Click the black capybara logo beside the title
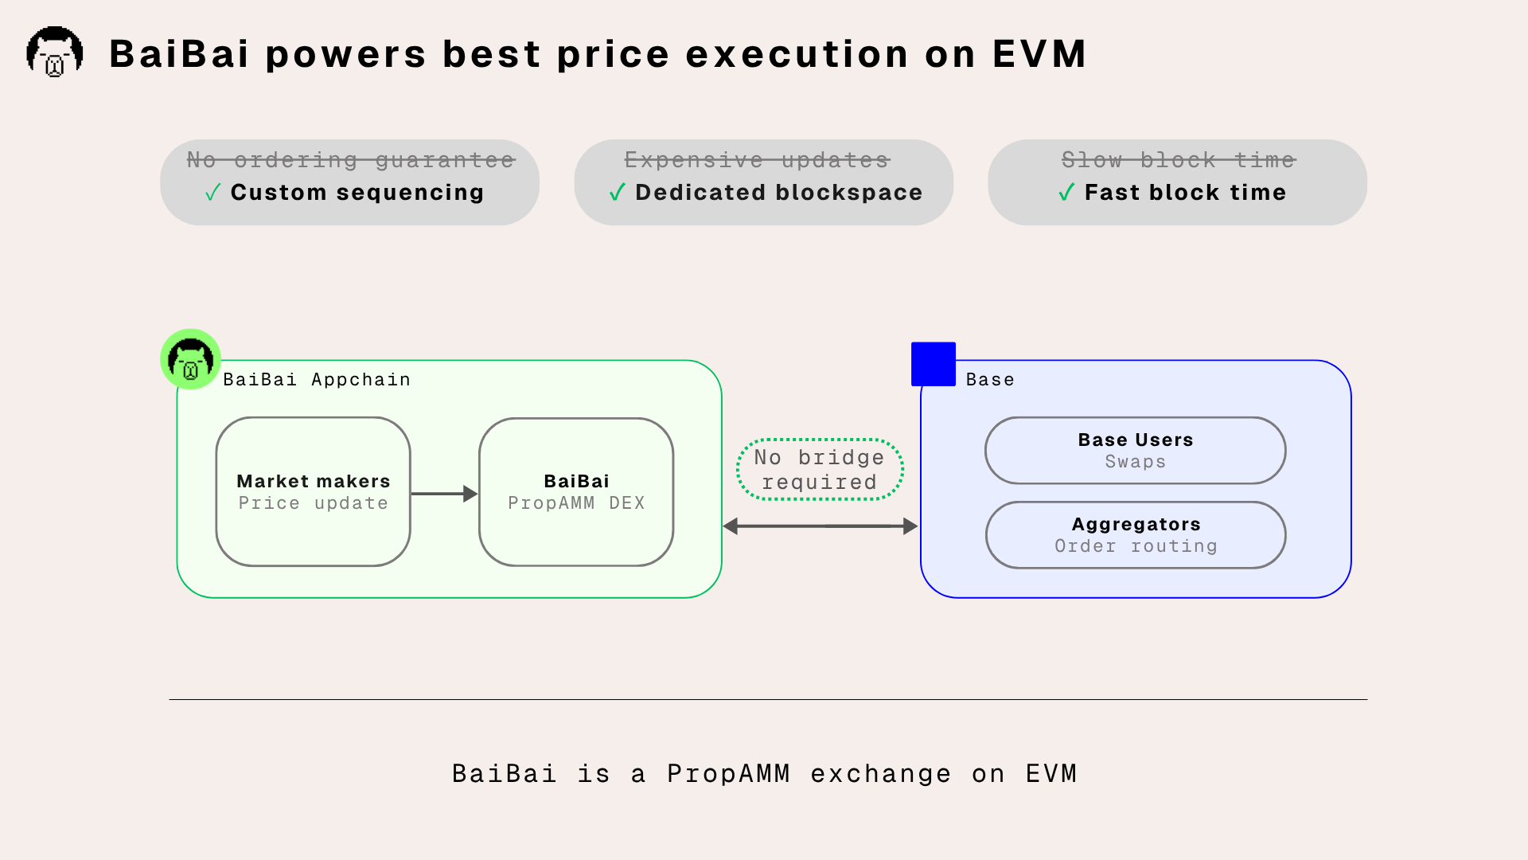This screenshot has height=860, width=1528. pos(55,52)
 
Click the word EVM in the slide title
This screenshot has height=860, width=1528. pos(1039,54)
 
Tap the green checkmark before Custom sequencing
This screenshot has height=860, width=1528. pos(213,193)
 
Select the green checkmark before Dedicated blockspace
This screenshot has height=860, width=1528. pos(618,193)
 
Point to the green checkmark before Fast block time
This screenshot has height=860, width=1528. pos(1067,193)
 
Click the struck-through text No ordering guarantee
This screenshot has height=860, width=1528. pos(351,160)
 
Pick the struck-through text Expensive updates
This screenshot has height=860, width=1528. pos(757,160)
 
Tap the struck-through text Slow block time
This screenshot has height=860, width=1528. pos(1179,160)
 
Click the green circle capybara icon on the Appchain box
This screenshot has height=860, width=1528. pos(191,359)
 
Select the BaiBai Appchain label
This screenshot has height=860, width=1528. pos(317,380)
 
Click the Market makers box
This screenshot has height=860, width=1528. pos(314,492)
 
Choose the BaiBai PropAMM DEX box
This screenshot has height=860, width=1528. pos(576,492)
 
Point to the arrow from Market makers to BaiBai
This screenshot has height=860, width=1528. pos(444,494)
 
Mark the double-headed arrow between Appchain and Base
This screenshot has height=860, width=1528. pos(821,526)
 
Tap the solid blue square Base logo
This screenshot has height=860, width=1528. pos(934,364)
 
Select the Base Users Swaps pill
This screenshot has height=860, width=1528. pos(1136,451)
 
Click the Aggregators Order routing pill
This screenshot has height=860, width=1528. pos(1136,535)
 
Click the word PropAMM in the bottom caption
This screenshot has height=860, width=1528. pos(728,774)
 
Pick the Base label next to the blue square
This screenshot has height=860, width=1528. pos(990,380)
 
